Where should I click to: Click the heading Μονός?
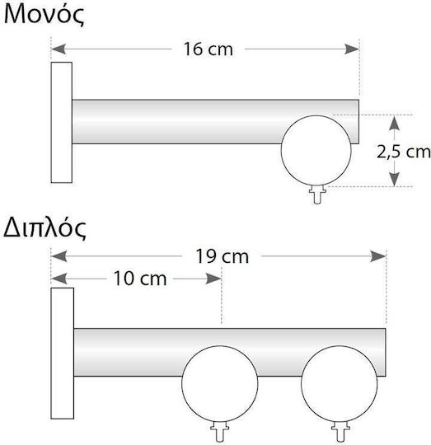pos(45,15)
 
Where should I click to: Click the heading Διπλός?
pos(45,228)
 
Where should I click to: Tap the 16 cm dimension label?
pos(208,49)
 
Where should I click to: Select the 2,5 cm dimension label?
pos(404,152)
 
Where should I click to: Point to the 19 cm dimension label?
pos(222,256)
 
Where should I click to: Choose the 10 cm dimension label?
pos(140,279)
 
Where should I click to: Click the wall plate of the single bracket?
pos(62,122)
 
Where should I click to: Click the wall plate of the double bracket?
pos(63,354)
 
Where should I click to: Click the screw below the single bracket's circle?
pos(317,194)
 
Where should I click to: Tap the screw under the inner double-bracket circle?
pos(220,432)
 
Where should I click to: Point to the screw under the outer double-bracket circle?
pos(340,432)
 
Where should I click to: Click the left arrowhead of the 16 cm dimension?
pos(59,49)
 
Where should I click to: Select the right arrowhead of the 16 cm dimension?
pos(352,49)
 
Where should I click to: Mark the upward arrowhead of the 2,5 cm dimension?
pos(395,123)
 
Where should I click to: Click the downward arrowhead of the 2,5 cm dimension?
pos(395,180)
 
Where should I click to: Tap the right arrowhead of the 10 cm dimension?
pos(213,279)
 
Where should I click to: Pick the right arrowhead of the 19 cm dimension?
pos(378,256)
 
